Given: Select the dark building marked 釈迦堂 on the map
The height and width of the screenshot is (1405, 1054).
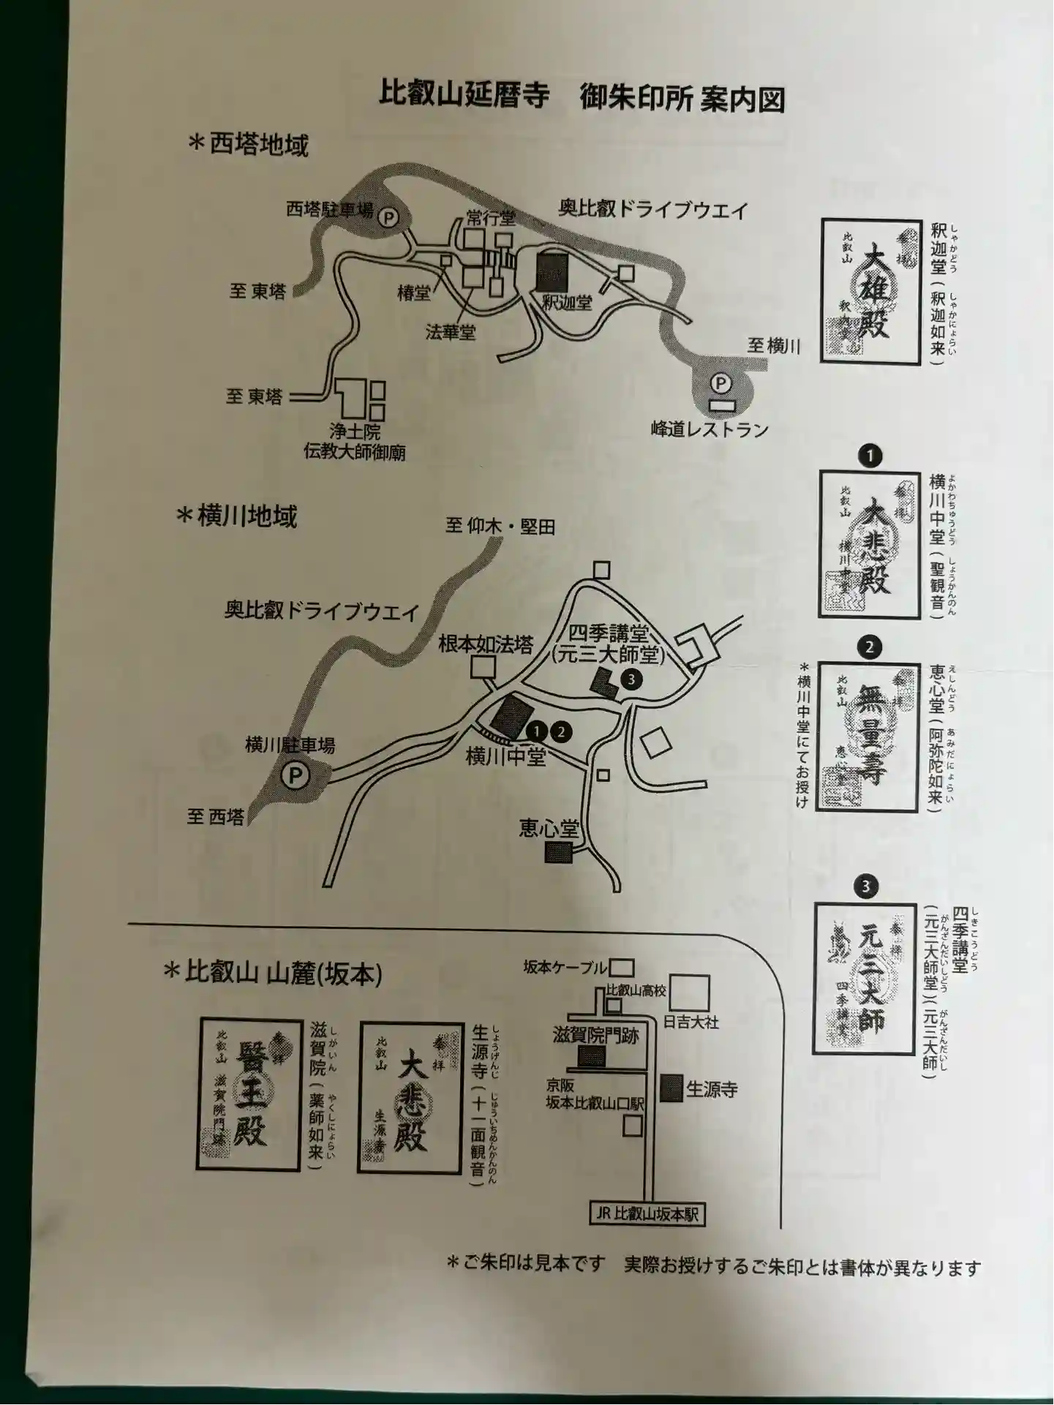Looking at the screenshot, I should [x=551, y=270].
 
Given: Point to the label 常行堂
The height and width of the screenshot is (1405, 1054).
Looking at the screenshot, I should [x=492, y=218].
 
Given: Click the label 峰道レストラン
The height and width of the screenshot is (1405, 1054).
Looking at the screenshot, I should [x=709, y=429].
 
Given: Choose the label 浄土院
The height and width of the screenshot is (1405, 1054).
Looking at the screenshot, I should [x=354, y=432].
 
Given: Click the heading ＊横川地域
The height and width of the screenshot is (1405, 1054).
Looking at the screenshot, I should [x=236, y=516].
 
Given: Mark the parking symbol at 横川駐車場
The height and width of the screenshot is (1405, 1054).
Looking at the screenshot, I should [x=296, y=775].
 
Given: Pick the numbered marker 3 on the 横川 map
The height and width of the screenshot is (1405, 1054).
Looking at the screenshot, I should [x=630, y=679].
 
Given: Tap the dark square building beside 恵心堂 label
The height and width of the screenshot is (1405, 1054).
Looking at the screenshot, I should [x=558, y=852].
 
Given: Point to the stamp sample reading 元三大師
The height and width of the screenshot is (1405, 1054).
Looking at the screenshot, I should [x=866, y=979].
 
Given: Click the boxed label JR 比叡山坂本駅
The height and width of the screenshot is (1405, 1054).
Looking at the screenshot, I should [x=647, y=1214].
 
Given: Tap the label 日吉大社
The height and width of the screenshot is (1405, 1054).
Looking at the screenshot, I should [x=691, y=1022].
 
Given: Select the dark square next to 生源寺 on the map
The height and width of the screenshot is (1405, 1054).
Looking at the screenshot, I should [x=671, y=1088].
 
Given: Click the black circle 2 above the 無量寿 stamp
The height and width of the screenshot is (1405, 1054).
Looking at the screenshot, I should [x=870, y=647].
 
